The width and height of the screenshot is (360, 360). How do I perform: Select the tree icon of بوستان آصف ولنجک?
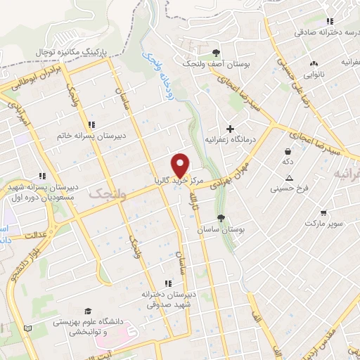[x=216, y=53]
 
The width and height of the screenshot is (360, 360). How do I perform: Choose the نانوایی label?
[x=314, y=73]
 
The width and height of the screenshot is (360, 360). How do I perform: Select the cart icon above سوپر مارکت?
[x=323, y=212]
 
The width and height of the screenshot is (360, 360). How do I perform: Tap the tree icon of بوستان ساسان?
[x=221, y=218]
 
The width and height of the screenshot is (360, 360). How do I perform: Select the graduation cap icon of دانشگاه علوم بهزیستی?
[x=88, y=311]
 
